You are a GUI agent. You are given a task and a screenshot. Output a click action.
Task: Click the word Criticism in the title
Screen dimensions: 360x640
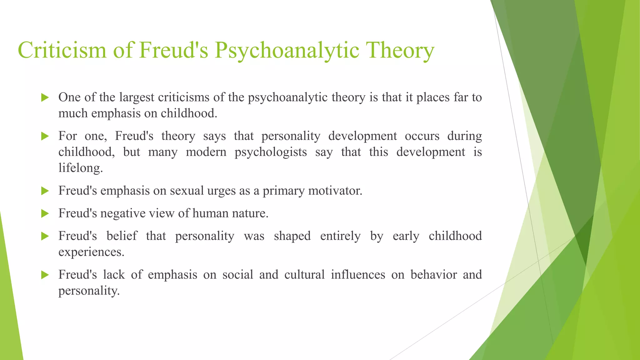pyautogui.click(x=62, y=50)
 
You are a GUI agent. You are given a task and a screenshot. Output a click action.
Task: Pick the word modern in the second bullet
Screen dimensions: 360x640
pyautogui.click(x=206, y=152)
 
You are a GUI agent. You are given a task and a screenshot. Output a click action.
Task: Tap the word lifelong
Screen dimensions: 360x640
pyautogui.click(x=80, y=168)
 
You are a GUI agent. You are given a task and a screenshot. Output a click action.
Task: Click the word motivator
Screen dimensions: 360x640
pyautogui.click(x=335, y=191)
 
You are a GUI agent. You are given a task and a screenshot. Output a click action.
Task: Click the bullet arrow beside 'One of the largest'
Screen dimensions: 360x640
pyautogui.click(x=45, y=98)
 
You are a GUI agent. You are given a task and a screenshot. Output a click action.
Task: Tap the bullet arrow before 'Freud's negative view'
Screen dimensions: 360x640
pyautogui.click(x=45, y=214)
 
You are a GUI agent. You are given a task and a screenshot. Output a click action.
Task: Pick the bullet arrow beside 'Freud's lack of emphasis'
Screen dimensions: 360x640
pyautogui.click(x=45, y=275)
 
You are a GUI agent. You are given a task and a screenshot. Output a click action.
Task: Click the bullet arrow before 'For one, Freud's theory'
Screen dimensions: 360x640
pyautogui.click(x=45, y=136)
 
